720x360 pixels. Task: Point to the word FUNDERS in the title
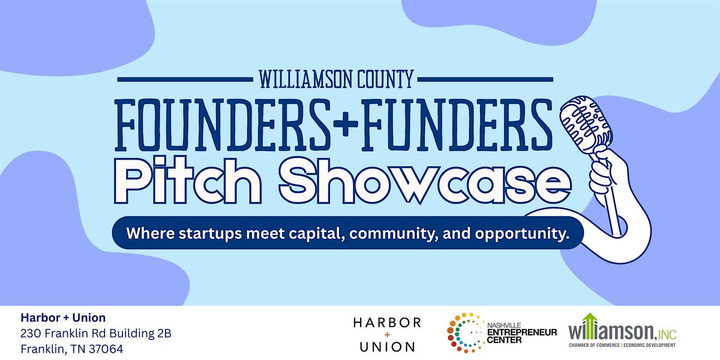click(456, 125)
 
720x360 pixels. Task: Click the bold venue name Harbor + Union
click(63, 317)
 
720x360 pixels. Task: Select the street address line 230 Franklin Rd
click(96, 334)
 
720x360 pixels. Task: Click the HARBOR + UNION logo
click(387, 334)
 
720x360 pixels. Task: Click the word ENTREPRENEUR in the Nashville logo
click(522, 332)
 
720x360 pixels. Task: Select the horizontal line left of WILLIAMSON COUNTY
click(185, 79)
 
